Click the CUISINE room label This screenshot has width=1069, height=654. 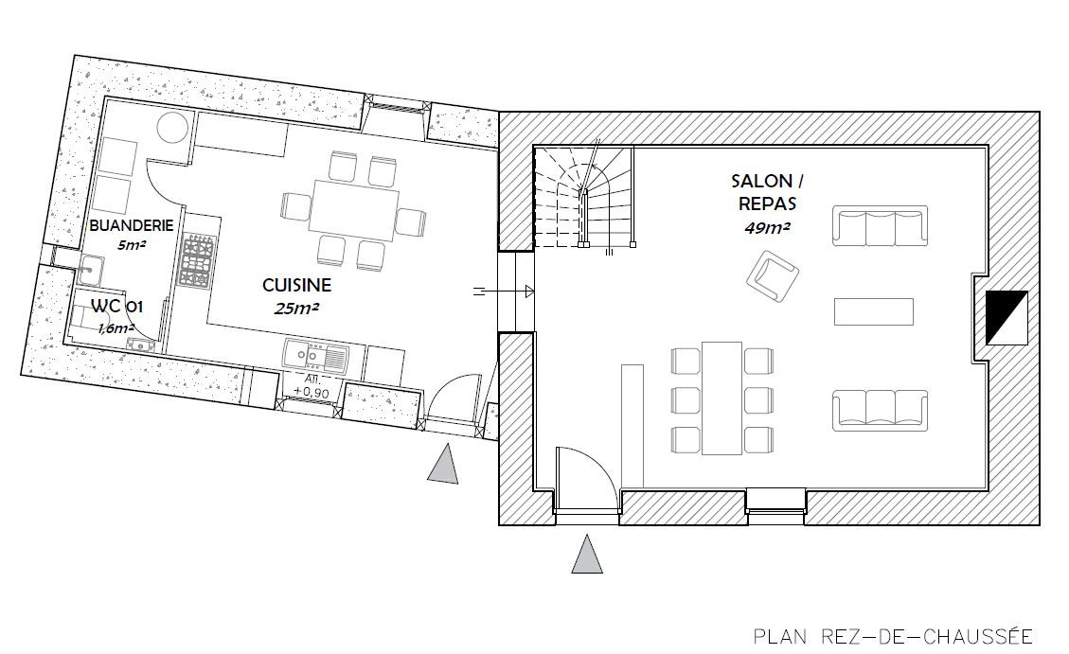click(296, 285)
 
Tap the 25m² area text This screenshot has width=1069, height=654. click(296, 309)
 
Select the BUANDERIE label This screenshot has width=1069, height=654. click(132, 225)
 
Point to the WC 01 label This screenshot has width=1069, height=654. click(117, 306)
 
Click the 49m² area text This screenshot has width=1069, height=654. click(767, 228)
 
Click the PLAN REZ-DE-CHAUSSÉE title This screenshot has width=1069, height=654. click(893, 637)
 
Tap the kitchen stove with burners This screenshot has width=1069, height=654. click(198, 260)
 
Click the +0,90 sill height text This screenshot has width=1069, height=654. click(312, 393)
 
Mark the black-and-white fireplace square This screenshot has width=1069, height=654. click(1007, 317)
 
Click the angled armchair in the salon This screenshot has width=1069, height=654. click(774, 275)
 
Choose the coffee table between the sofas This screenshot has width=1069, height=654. click(873, 311)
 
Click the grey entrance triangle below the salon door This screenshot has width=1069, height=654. click(586, 554)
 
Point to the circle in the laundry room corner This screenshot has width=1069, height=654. click(171, 128)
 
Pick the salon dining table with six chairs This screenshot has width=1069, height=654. click(722, 398)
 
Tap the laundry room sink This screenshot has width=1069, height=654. click(89, 271)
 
